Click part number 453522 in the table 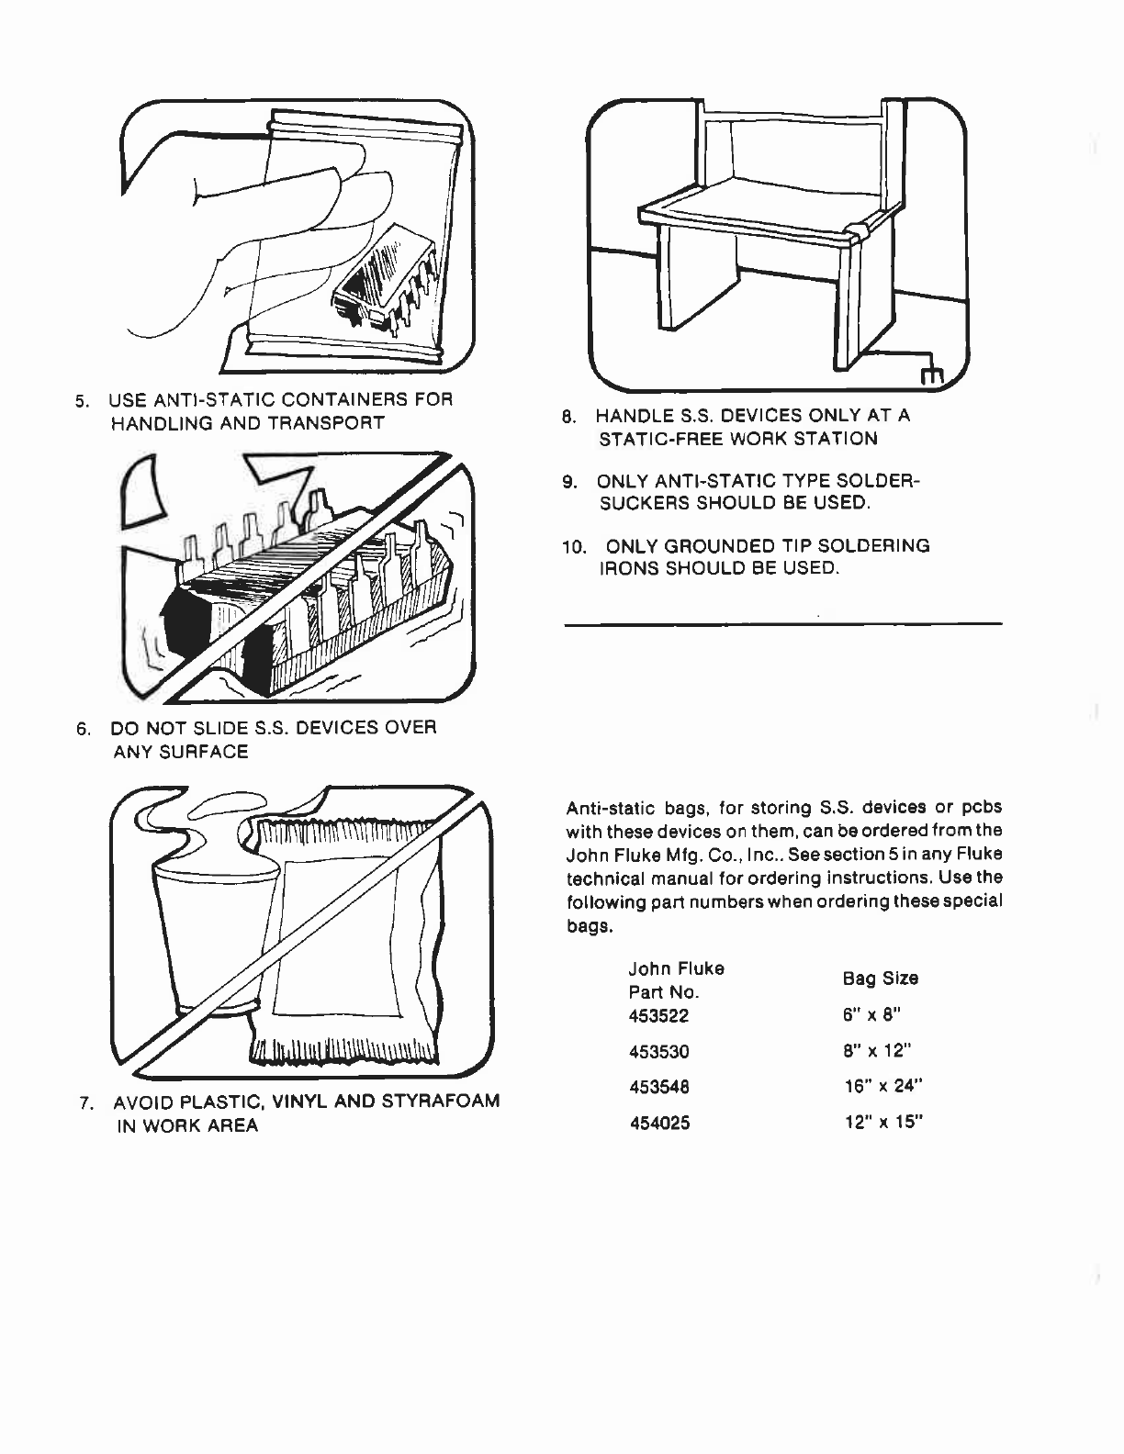(658, 1016)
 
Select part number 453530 (658, 1052)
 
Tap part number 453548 (658, 1087)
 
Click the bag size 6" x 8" (872, 1015)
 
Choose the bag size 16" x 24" (882, 1086)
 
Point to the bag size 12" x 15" (882, 1122)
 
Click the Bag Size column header (880, 979)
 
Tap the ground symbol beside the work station (931, 376)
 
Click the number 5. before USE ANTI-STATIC (82, 401)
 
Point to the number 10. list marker (574, 547)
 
